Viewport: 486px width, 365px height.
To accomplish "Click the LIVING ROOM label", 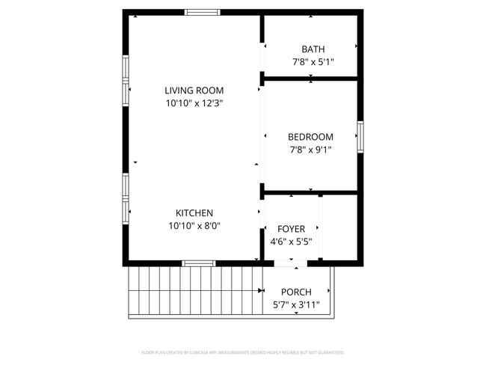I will click(x=194, y=91).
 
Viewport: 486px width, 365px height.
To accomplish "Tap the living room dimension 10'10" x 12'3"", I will click(x=194, y=104).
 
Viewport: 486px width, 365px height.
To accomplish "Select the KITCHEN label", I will click(x=194, y=212).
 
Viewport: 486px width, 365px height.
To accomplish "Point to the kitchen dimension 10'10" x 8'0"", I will click(x=194, y=225).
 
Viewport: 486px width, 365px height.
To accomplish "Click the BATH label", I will click(x=313, y=49).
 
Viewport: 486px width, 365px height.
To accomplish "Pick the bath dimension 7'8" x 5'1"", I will click(x=313, y=62).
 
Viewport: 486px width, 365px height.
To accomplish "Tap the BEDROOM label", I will click(x=310, y=137).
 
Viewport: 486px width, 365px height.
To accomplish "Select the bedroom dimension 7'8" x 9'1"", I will click(x=310, y=150).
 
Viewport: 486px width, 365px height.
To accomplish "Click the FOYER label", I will click(x=291, y=229).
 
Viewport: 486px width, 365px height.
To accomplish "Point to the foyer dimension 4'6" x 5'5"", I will click(x=291, y=242).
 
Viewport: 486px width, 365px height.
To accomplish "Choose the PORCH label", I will click(x=296, y=292).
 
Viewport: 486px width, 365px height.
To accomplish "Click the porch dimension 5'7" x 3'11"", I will click(x=296, y=304).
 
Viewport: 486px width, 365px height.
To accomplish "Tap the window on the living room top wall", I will click(x=203, y=12).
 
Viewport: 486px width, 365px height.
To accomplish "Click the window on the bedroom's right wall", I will click(x=360, y=137).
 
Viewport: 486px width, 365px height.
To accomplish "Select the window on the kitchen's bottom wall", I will click(x=199, y=263).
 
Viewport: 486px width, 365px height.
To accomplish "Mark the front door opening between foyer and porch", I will click(x=291, y=263).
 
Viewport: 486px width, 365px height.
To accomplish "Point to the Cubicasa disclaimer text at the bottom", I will click(x=242, y=352).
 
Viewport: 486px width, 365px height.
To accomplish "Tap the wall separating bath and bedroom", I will click(x=310, y=77).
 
